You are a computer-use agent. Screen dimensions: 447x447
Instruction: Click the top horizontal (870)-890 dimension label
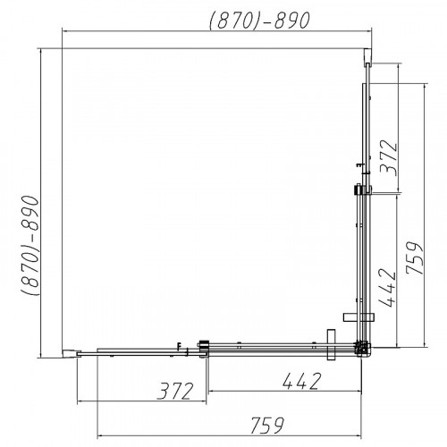260,21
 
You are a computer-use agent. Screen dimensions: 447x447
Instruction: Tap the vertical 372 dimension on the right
389,157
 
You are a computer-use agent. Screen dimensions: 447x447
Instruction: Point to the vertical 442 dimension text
387,288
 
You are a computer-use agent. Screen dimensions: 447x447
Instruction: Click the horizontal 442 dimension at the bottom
302,381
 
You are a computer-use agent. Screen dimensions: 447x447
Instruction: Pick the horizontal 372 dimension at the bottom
175,391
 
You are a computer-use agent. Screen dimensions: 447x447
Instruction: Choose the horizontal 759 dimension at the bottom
267,426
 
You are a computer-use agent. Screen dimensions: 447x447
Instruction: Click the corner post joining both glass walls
363,349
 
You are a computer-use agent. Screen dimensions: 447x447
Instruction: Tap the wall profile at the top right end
368,56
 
